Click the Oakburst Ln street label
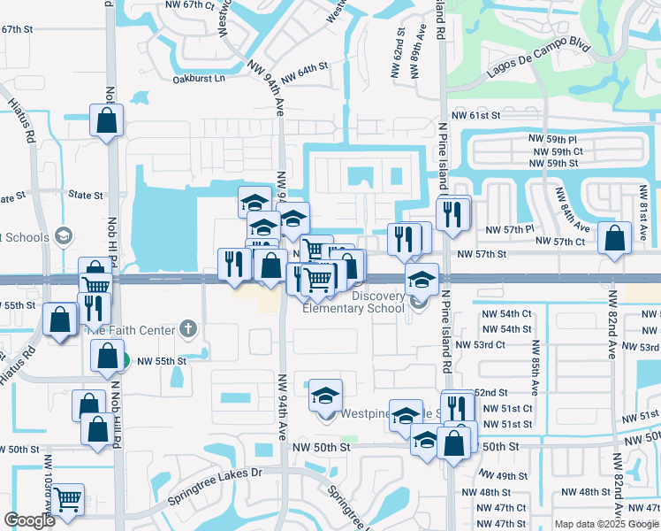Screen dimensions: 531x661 click(x=199, y=78)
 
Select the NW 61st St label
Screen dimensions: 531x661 click(x=476, y=115)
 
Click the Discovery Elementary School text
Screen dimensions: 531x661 click(x=353, y=302)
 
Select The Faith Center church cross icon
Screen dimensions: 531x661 click(x=186, y=329)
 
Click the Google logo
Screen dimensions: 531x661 click(x=29, y=520)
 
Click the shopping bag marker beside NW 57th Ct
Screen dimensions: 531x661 click(x=614, y=238)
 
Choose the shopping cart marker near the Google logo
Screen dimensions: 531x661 click(x=67, y=499)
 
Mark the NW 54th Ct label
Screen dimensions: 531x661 click(x=506, y=314)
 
